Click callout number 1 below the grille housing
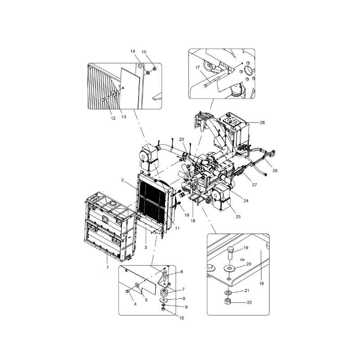click(x=108, y=267)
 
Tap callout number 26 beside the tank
click(x=262, y=122)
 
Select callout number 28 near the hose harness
click(x=275, y=171)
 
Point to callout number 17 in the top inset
click(x=198, y=67)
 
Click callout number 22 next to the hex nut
click(x=249, y=302)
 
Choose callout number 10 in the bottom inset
click(x=182, y=318)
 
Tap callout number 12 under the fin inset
click(x=113, y=118)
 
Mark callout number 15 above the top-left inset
click(x=144, y=52)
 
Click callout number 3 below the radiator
click(x=145, y=247)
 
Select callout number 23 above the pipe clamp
click(x=182, y=139)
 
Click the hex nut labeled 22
click(x=227, y=301)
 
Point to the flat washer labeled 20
click(x=229, y=268)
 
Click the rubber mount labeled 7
click(x=164, y=293)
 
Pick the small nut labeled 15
click(x=154, y=68)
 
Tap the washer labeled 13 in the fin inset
click(x=114, y=94)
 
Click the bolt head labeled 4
click(x=127, y=291)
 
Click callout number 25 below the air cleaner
click(x=238, y=216)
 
